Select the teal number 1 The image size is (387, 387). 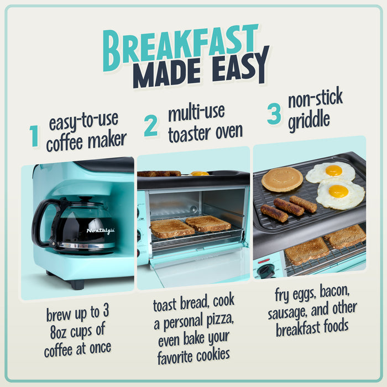coord(34,137)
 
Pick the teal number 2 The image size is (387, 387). coord(150,127)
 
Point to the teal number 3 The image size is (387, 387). coord(274,114)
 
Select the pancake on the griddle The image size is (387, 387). coord(282,179)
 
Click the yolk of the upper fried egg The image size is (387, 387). coord(333,170)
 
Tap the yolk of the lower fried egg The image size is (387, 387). coord(338,191)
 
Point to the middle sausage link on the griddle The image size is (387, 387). coord(289,207)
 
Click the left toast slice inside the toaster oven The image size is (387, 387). coord(172,228)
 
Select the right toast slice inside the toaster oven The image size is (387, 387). coord(208,223)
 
